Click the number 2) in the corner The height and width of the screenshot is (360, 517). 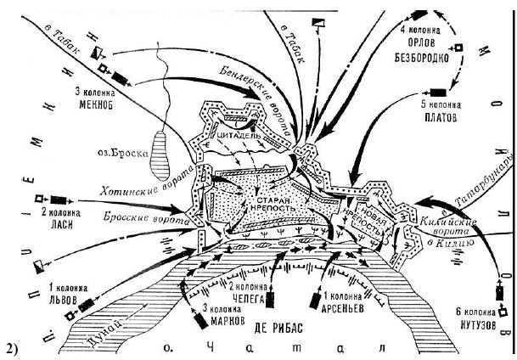click(x=12, y=348)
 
